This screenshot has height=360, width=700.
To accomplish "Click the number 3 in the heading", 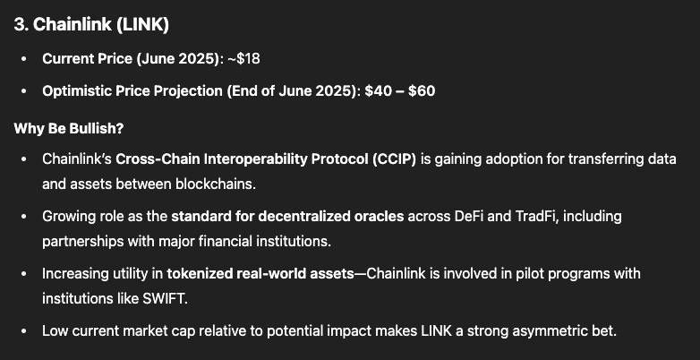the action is pyautogui.click(x=19, y=25).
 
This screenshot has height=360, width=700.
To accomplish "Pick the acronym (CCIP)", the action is pyautogui.click(x=394, y=159).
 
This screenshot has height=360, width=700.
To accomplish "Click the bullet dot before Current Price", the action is pyautogui.click(x=23, y=58).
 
